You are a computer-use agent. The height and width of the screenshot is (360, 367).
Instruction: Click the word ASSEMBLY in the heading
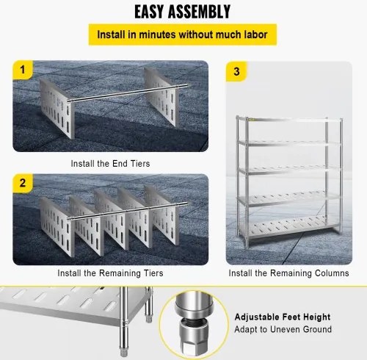(200, 12)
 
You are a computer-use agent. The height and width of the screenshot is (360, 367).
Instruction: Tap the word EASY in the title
(149, 12)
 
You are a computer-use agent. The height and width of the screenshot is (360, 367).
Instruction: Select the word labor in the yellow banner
(255, 35)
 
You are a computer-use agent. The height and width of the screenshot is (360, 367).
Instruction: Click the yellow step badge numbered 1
(23, 70)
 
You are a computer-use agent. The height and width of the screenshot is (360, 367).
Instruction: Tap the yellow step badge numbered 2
(23, 183)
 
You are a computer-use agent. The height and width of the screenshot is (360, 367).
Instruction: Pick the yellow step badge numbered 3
(236, 71)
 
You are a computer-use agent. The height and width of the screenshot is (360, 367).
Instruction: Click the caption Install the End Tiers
(110, 163)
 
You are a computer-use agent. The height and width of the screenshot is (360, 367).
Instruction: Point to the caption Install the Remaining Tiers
(110, 273)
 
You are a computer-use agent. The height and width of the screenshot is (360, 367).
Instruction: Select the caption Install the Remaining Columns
(288, 273)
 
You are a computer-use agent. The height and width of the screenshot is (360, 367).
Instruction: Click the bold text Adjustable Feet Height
(283, 317)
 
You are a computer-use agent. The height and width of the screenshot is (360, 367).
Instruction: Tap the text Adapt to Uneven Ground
(283, 329)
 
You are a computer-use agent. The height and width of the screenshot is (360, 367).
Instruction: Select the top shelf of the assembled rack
(289, 120)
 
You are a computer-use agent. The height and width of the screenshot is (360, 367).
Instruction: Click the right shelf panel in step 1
(160, 97)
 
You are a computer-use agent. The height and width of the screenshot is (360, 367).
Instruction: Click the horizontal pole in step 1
(127, 93)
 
